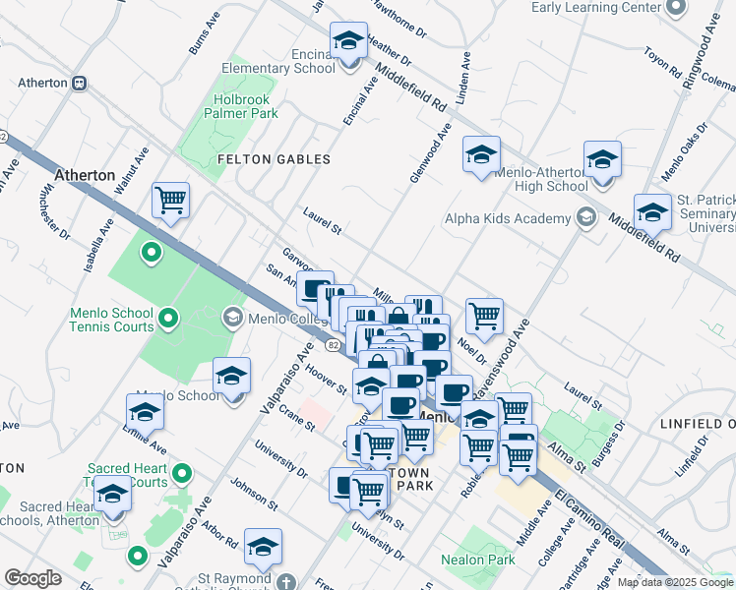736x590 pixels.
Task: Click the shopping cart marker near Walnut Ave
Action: click(170, 202)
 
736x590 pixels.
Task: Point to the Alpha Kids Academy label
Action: click(508, 218)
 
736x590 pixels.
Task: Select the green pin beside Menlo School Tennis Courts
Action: click(167, 318)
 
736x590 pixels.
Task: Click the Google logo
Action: click(32, 578)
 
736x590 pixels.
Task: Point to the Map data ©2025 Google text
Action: click(675, 582)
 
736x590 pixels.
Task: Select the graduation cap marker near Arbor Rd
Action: click(263, 547)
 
